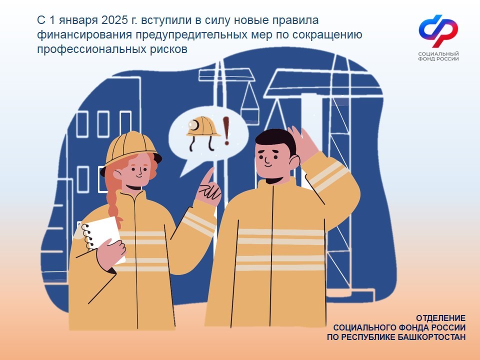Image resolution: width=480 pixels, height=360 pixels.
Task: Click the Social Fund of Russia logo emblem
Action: (438, 31)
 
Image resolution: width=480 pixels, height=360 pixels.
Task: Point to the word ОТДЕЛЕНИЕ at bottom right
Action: (441, 318)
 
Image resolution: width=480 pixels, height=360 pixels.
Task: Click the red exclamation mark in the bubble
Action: (226, 130)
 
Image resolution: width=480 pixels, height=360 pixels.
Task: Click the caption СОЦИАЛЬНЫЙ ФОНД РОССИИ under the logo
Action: (438, 56)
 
